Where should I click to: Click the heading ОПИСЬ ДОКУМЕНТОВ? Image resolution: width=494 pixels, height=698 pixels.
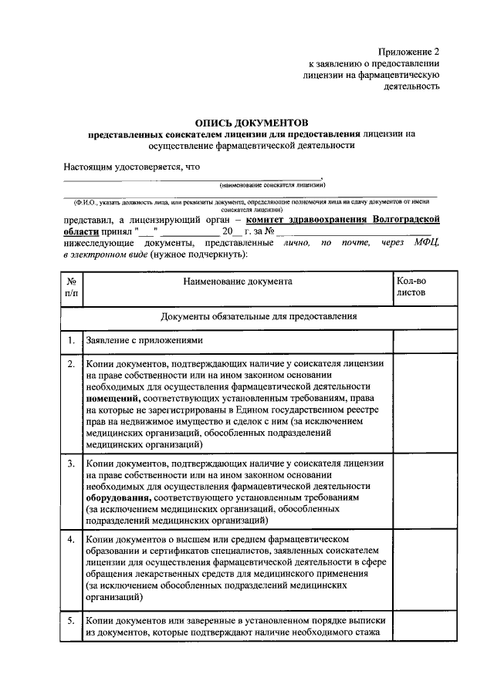251,122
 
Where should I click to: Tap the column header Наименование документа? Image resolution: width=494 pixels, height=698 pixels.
237,282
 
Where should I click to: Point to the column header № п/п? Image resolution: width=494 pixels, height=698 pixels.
70,288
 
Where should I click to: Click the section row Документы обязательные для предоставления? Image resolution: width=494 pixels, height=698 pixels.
259,316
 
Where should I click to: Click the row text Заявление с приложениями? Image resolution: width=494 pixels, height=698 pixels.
144,340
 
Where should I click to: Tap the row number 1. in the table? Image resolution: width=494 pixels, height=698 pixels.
70,340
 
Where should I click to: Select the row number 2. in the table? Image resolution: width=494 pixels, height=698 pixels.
70,363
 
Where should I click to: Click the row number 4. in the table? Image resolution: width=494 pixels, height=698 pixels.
70,538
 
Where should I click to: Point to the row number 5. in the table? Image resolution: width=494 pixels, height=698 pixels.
70,621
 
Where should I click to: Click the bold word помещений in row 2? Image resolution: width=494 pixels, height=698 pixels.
113,398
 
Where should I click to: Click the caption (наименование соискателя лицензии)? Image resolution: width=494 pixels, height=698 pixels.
272,185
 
